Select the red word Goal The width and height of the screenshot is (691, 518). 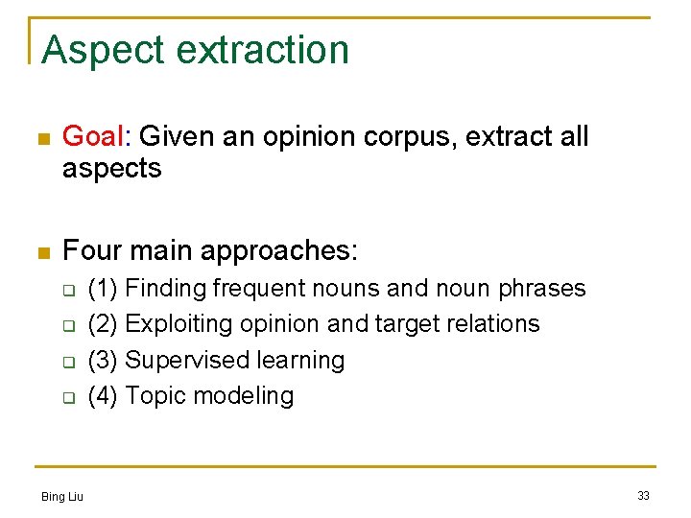93,137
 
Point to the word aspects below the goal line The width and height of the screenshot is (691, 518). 111,169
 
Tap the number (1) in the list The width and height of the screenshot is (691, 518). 103,289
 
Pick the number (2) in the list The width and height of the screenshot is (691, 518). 103,324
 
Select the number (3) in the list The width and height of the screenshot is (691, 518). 103,360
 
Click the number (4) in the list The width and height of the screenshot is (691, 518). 103,395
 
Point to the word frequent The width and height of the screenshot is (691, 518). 258,289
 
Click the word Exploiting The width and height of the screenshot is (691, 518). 173,324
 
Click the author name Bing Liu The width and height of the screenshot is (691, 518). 62,496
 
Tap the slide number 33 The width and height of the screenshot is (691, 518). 643,496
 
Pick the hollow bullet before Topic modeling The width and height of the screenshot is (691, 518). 68,397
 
